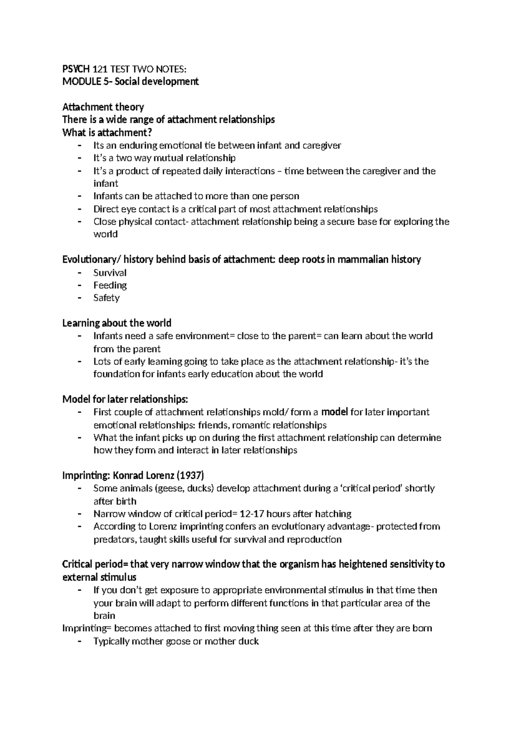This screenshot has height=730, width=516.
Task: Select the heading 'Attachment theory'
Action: click(x=103, y=107)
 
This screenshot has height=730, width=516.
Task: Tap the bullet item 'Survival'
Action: click(x=110, y=273)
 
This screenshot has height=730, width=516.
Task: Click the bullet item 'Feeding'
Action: click(x=110, y=285)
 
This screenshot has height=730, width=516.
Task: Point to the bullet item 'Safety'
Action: click(x=106, y=298)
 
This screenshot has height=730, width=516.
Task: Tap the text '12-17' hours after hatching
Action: click(x=252, y=514)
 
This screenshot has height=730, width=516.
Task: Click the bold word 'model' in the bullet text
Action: click(x=335, y=412)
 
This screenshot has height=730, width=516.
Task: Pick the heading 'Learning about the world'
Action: click(x=117, y=323)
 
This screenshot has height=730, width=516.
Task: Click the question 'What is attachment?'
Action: click(x=107, y=132)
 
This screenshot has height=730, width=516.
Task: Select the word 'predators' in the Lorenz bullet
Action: click(x=113, y=540)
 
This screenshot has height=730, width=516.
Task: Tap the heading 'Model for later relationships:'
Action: click(x=125, y=399)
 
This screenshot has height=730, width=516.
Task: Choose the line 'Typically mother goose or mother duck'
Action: click(x=176, y=641)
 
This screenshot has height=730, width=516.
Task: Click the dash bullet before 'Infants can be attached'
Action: click(x=79, y=196)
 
